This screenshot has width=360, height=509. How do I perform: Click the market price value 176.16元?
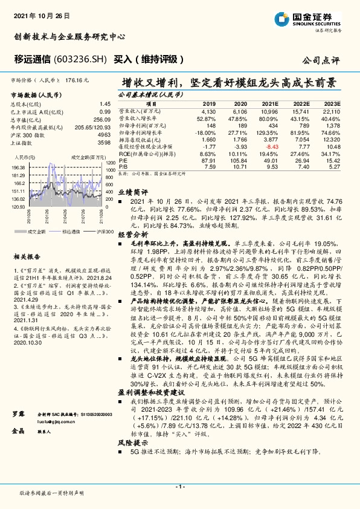click(78, 80)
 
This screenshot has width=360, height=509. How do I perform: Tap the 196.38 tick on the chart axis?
click(18, 167)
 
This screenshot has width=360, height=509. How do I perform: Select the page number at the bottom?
click(179, 487)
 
